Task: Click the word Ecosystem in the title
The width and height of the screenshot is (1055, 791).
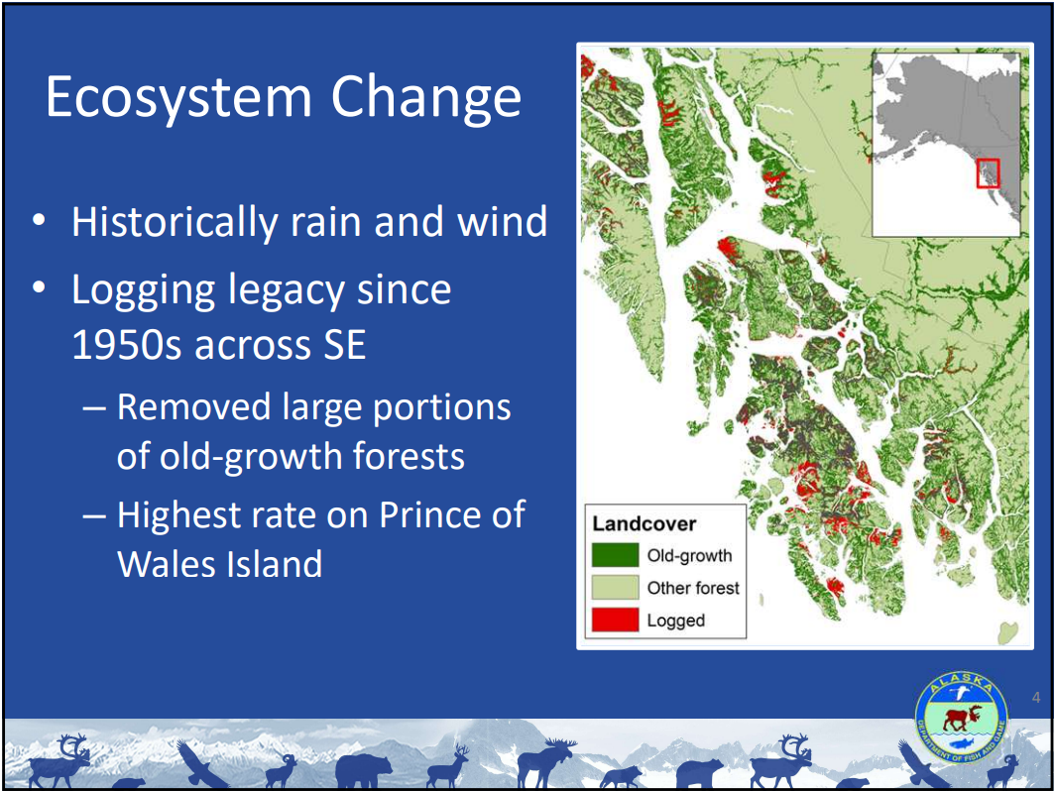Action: (178, 97)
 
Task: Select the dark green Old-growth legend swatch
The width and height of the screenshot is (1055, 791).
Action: (615, 555)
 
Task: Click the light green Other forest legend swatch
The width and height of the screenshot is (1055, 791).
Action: (615, 587)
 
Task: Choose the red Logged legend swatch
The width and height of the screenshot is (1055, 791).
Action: (615, 619)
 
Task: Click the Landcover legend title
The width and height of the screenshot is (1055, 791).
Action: (644, 522)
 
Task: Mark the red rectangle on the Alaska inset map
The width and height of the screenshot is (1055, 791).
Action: (989, 173)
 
